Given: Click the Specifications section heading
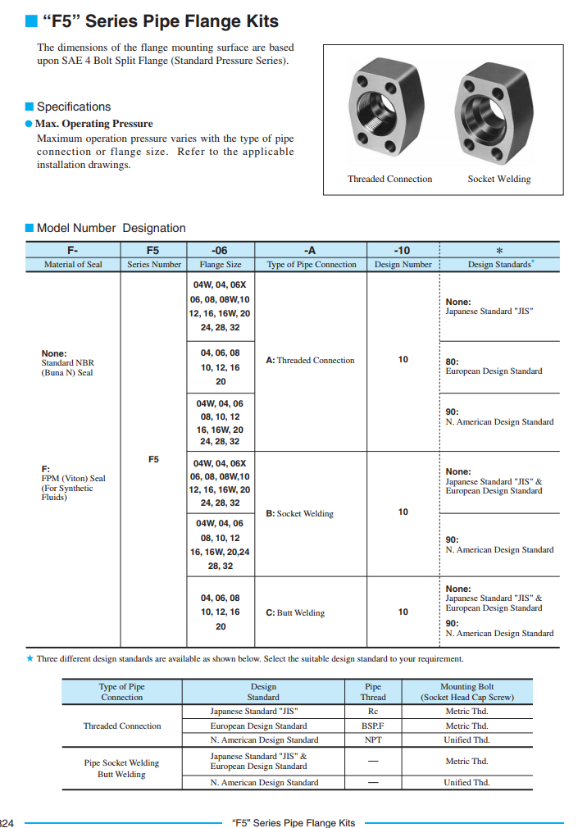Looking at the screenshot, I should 73,107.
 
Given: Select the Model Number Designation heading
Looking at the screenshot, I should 111,228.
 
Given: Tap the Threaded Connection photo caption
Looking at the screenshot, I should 389,179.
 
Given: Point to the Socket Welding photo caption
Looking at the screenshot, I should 499,179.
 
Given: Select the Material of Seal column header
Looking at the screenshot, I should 73,264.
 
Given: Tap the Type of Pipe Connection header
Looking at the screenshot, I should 312,264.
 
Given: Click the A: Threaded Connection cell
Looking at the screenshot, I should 311,360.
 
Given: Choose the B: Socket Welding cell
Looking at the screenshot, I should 299,514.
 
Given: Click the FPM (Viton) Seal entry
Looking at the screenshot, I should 73,479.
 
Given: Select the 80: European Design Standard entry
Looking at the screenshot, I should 494,366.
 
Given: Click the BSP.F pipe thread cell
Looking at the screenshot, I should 373,726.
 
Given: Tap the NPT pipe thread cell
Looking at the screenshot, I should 373,739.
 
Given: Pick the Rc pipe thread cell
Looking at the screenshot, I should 373,712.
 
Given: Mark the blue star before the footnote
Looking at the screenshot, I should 30,658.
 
